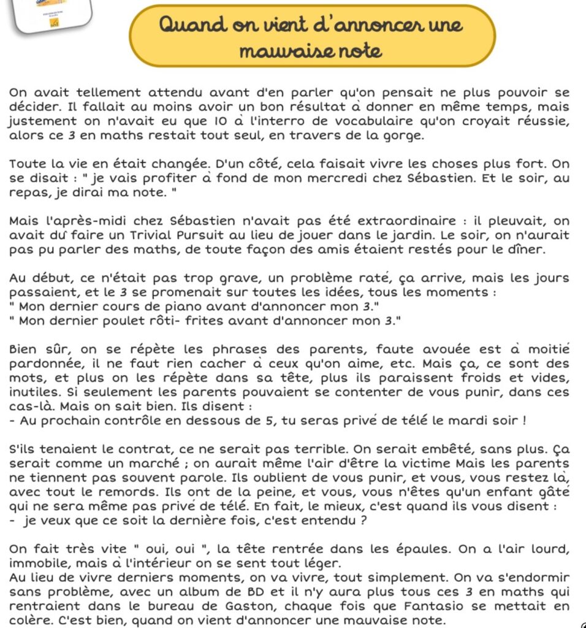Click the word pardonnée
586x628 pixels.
(44, 364)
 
